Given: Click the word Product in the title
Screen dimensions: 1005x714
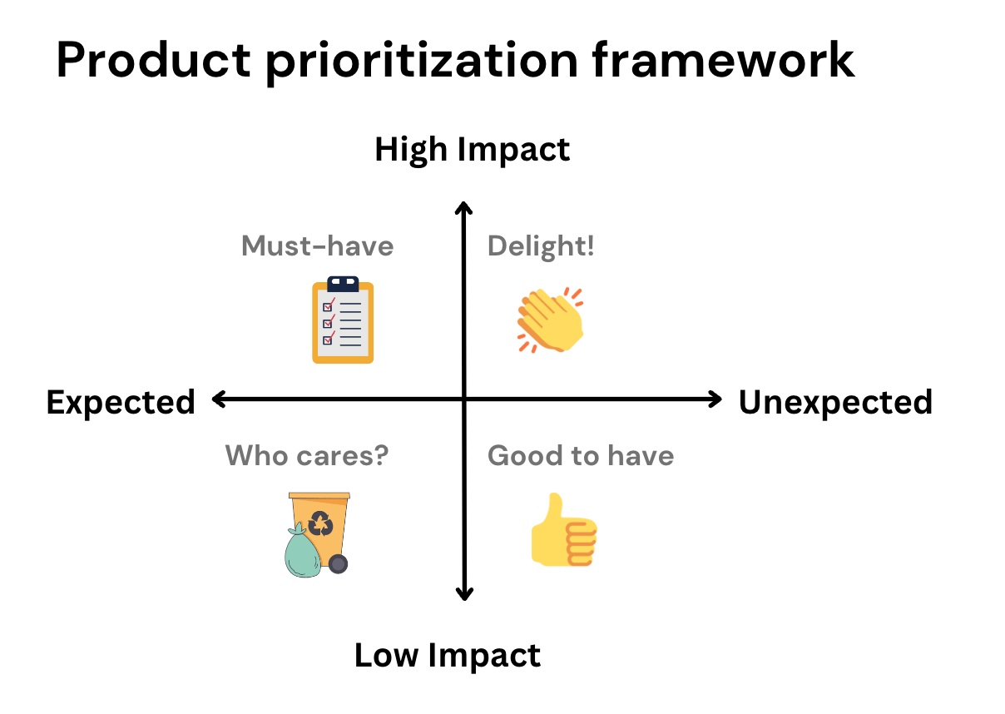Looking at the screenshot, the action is click(153, 60).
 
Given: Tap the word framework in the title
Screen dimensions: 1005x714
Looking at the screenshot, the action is click(723, 60).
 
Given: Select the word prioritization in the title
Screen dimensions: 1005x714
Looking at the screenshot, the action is click(421, 63).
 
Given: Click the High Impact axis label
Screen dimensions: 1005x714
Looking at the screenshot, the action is click(472, 151).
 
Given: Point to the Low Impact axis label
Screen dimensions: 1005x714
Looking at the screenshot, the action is click(448, 656).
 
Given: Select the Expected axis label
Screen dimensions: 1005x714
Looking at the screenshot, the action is click(121, 403).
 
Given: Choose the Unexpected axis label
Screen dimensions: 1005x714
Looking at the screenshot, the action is click(836, 403).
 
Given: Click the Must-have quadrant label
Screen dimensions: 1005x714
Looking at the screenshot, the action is click(317, 246).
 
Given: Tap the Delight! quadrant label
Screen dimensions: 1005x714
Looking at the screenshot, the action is click(541, 247).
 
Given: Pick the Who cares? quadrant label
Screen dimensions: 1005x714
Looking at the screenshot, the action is click(307, 455).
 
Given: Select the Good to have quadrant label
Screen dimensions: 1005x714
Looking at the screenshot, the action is click(581, 455).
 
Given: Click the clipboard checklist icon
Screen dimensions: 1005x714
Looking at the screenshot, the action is click(343, 320).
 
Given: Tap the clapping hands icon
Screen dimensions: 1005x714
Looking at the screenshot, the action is click(550, 320).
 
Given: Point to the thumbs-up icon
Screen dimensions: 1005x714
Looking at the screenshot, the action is click(564, 530).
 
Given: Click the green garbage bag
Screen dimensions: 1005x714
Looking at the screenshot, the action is click(303, 551).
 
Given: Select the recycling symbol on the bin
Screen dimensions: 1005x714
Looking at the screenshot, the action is click(320, 523).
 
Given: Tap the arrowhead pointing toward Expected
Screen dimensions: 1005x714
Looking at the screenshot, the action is click(219, 399).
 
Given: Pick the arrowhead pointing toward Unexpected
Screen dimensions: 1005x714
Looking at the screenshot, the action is click(715, 399).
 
